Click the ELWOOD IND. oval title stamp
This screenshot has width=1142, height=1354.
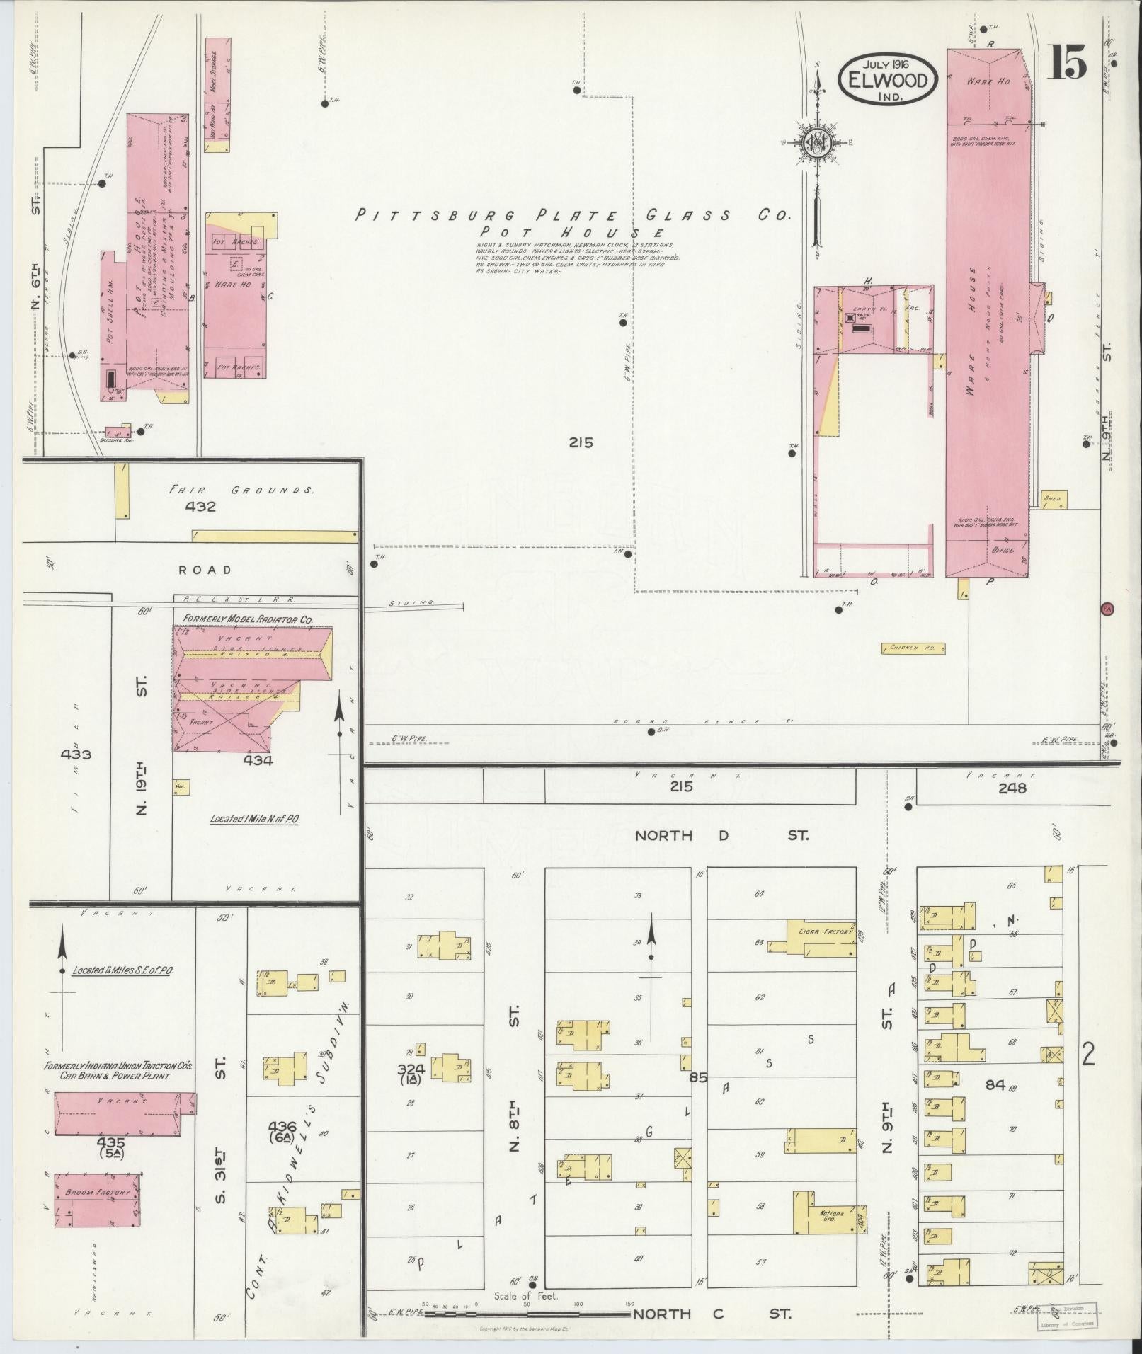click(888, 78)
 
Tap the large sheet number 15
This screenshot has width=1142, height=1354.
click(1067, 63)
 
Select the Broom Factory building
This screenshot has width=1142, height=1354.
click(98, 1193)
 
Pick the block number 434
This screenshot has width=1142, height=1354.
click(258, 760)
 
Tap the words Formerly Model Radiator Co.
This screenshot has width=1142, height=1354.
click(248, 619)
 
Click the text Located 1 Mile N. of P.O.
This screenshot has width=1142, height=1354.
click(255, 819)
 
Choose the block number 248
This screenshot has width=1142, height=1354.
click(1012, 788)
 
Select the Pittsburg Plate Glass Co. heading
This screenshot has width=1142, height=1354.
click(572, 216)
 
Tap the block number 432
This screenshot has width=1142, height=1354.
click(200, 507)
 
